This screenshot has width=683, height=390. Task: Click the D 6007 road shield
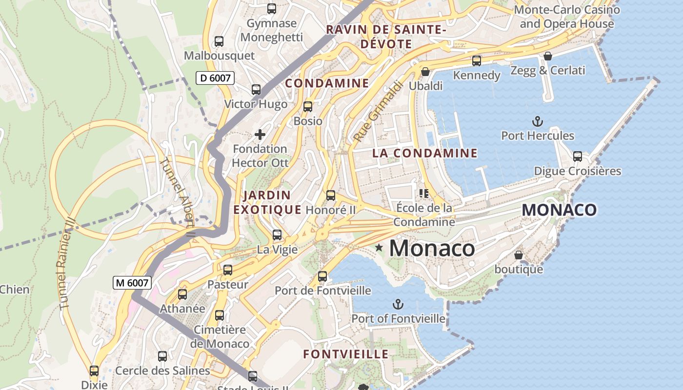click(216, 78)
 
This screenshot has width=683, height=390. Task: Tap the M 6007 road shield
click(132, 282)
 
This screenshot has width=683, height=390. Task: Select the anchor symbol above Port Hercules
click(537, 121)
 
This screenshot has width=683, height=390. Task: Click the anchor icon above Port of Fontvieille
click(398, 305)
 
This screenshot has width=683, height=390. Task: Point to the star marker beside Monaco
click(379, 248)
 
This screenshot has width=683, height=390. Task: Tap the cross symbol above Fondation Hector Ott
click(260, 135)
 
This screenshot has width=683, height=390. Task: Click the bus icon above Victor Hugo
click(256, 90)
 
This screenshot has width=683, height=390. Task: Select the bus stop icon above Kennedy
click(477, 61)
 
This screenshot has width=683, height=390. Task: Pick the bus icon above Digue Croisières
click(578, 156)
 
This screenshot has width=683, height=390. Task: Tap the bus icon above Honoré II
click(331, 195)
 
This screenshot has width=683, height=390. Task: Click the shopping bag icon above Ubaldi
click(425, 72)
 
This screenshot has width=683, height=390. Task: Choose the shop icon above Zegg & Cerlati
click(547, 56)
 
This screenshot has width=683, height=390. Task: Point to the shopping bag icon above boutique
click(519, 255)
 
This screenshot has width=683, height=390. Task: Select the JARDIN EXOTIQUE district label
click(267, 202)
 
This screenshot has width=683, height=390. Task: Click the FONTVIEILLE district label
click(346, 354)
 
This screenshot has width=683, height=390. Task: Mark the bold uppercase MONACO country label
click(559, 210)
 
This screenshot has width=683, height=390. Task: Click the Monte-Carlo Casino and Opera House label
click(567, 17)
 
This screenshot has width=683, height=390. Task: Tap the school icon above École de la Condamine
click(423, 194)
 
